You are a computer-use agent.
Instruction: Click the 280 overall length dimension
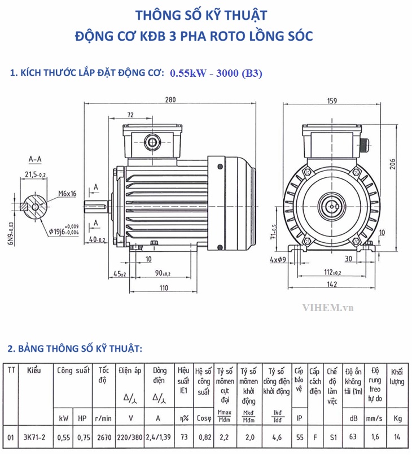[170, 100]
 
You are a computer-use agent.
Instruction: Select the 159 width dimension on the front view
[331, 101]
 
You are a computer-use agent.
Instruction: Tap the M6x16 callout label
[67, 193]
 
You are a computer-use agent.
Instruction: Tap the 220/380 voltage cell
[130, 437]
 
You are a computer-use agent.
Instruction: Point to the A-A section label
[34, 159]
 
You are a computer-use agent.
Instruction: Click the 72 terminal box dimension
[130, 115]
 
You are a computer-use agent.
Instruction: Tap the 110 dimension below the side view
[163, 287]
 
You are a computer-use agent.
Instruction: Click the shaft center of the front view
[331, 205]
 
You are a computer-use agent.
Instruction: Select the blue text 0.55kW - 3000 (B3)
[216, 73]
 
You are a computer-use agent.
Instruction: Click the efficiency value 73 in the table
[183, 437]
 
